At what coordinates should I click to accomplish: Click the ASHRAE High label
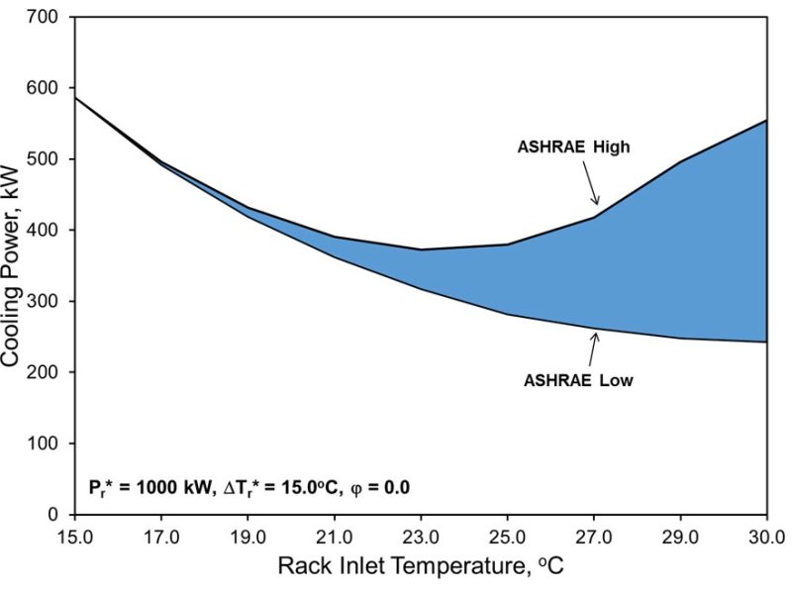(574, 147)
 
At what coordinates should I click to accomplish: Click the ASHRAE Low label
(579, 378)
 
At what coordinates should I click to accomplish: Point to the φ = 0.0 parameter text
(377, 487)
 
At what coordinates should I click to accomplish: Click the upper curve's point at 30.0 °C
(767, 121)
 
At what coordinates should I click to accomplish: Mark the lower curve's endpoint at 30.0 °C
(767, 342)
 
